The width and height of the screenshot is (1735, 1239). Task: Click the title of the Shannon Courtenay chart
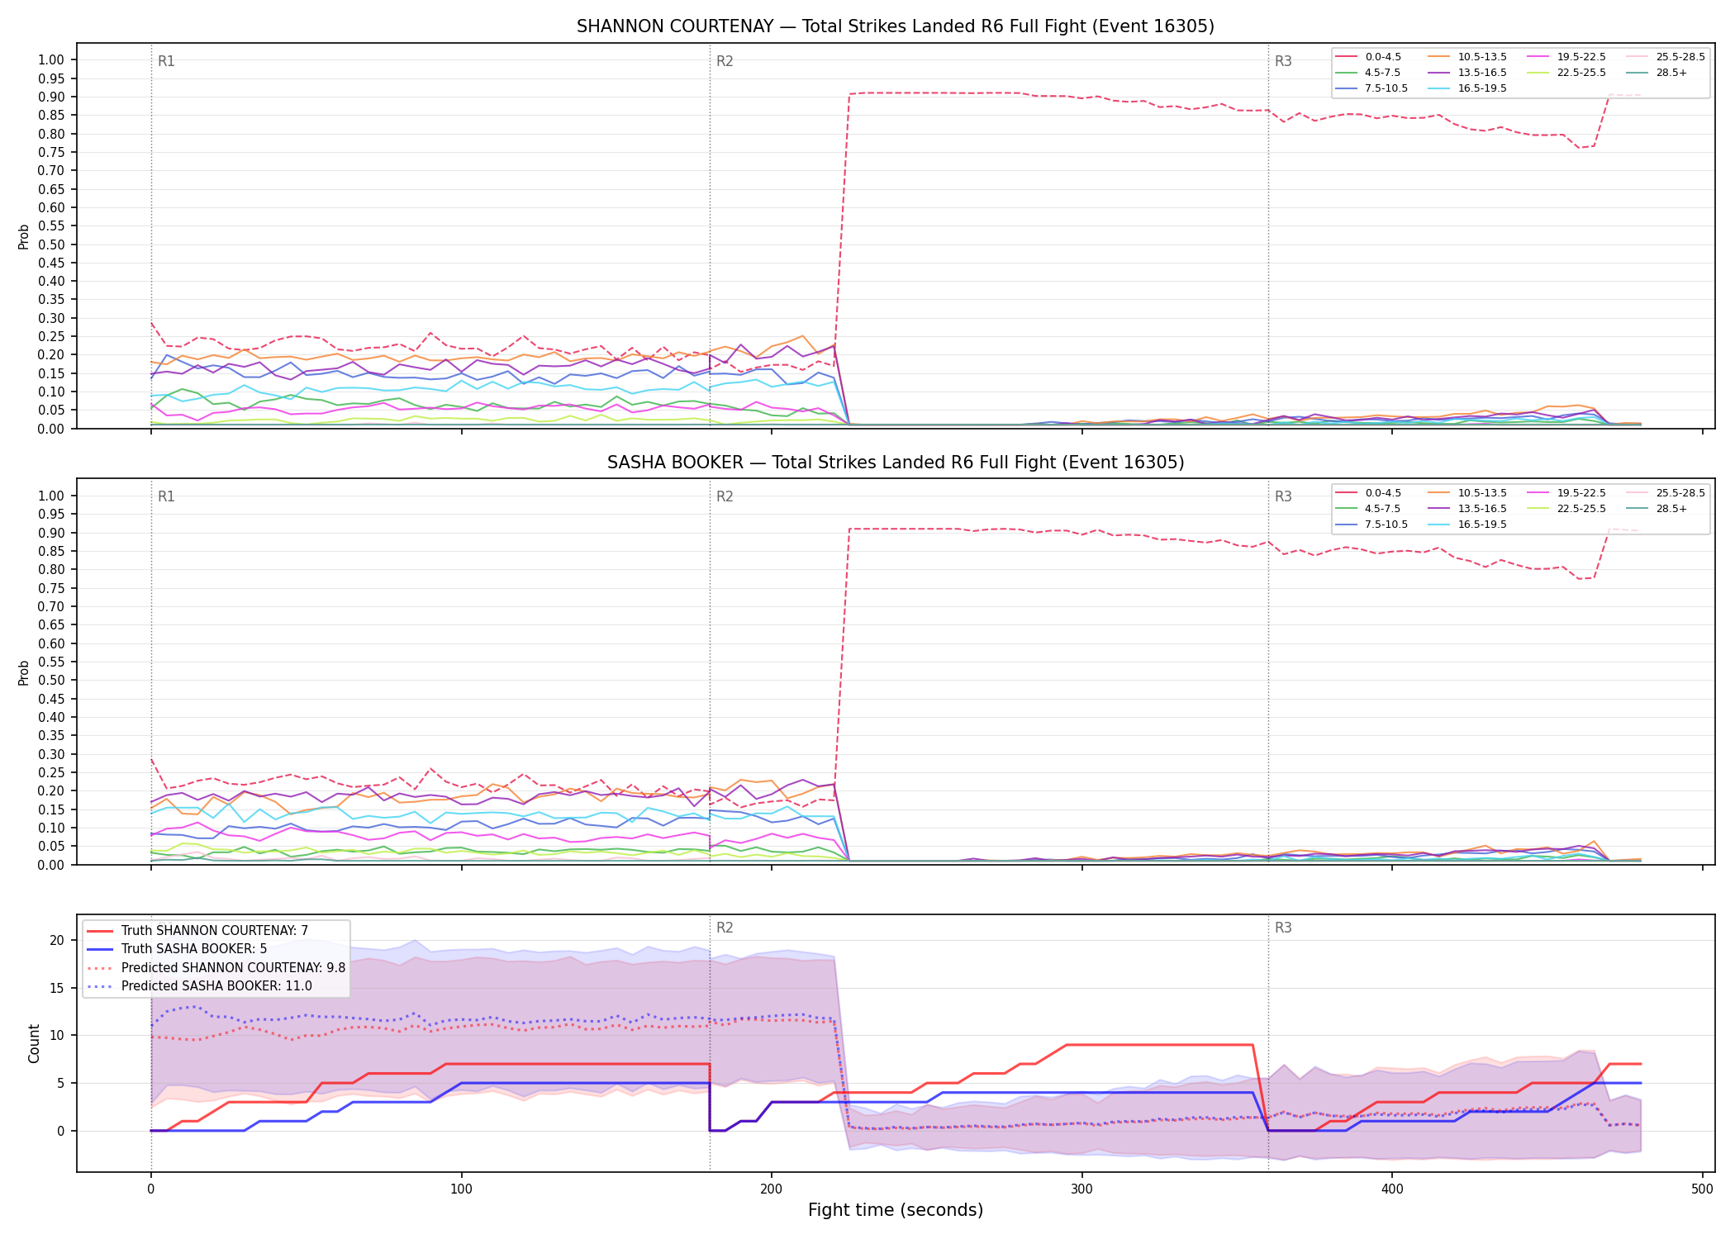click(896, 26)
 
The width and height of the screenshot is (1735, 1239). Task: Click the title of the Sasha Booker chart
click(896, 463)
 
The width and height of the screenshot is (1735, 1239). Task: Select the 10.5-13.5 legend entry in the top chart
click(1467, 57)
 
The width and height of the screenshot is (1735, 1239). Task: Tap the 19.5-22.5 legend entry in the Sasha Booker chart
click(1566, 493)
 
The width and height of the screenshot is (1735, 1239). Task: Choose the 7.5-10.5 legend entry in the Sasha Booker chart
click(1371, 525)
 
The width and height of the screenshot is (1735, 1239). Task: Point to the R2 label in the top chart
click(725, 61)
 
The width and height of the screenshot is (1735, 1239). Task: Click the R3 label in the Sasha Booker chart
click(1283, 496)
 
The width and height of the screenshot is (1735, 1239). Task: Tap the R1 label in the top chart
click(166, 61)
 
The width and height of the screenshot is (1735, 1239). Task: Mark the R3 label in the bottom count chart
click(1283, 928)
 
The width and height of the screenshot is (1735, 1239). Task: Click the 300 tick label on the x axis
click(1081, 1189)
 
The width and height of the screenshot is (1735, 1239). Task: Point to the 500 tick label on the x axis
click(1703, 1189)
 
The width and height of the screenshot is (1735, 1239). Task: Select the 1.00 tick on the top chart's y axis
click(51, 59)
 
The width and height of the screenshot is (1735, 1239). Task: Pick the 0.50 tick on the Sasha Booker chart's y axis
click(51, 681)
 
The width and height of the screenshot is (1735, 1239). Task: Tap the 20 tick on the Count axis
click(57, 940)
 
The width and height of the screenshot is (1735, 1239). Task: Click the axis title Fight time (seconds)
click(896, 1210)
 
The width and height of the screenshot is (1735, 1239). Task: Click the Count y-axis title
click(34, 1043)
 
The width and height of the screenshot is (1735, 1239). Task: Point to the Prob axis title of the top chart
click(24, 236)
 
